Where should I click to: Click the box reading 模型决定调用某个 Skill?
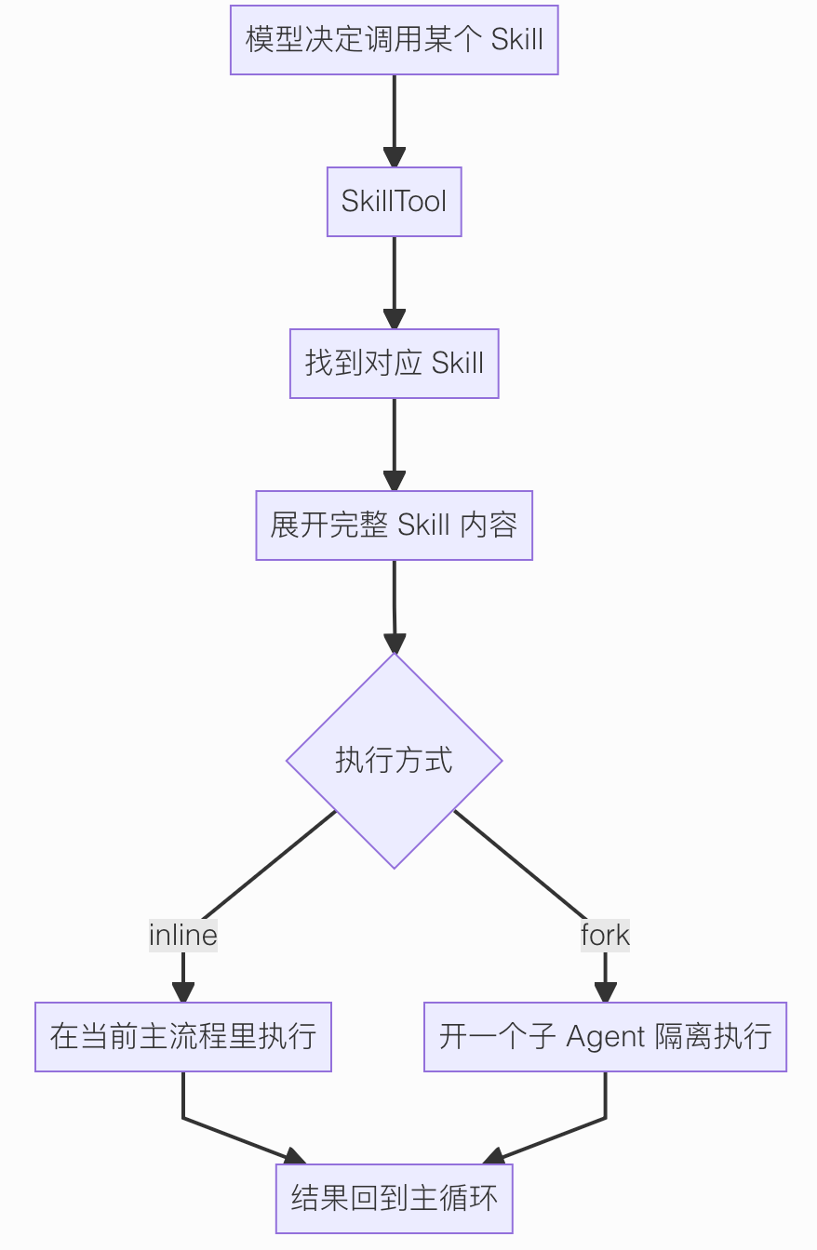[394, 40]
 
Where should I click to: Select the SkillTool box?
[394, 202]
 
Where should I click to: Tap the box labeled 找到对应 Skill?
[394, 364]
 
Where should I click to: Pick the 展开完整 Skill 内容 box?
[394, 525]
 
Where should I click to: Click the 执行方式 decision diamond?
[394, 761]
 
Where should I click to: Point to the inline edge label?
[183, 935]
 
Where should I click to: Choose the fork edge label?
[605, 935]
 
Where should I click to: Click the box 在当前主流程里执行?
[183, 1037]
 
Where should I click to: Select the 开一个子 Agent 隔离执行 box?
[605, 1037]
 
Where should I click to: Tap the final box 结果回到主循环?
[394, 1199]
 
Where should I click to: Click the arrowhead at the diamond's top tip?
[395, 643]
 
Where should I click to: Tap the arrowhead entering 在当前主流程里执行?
[183, 991]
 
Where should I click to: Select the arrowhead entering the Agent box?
[606, 991]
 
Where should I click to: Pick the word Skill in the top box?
[516, 40]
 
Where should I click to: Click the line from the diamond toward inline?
[270, 865]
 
